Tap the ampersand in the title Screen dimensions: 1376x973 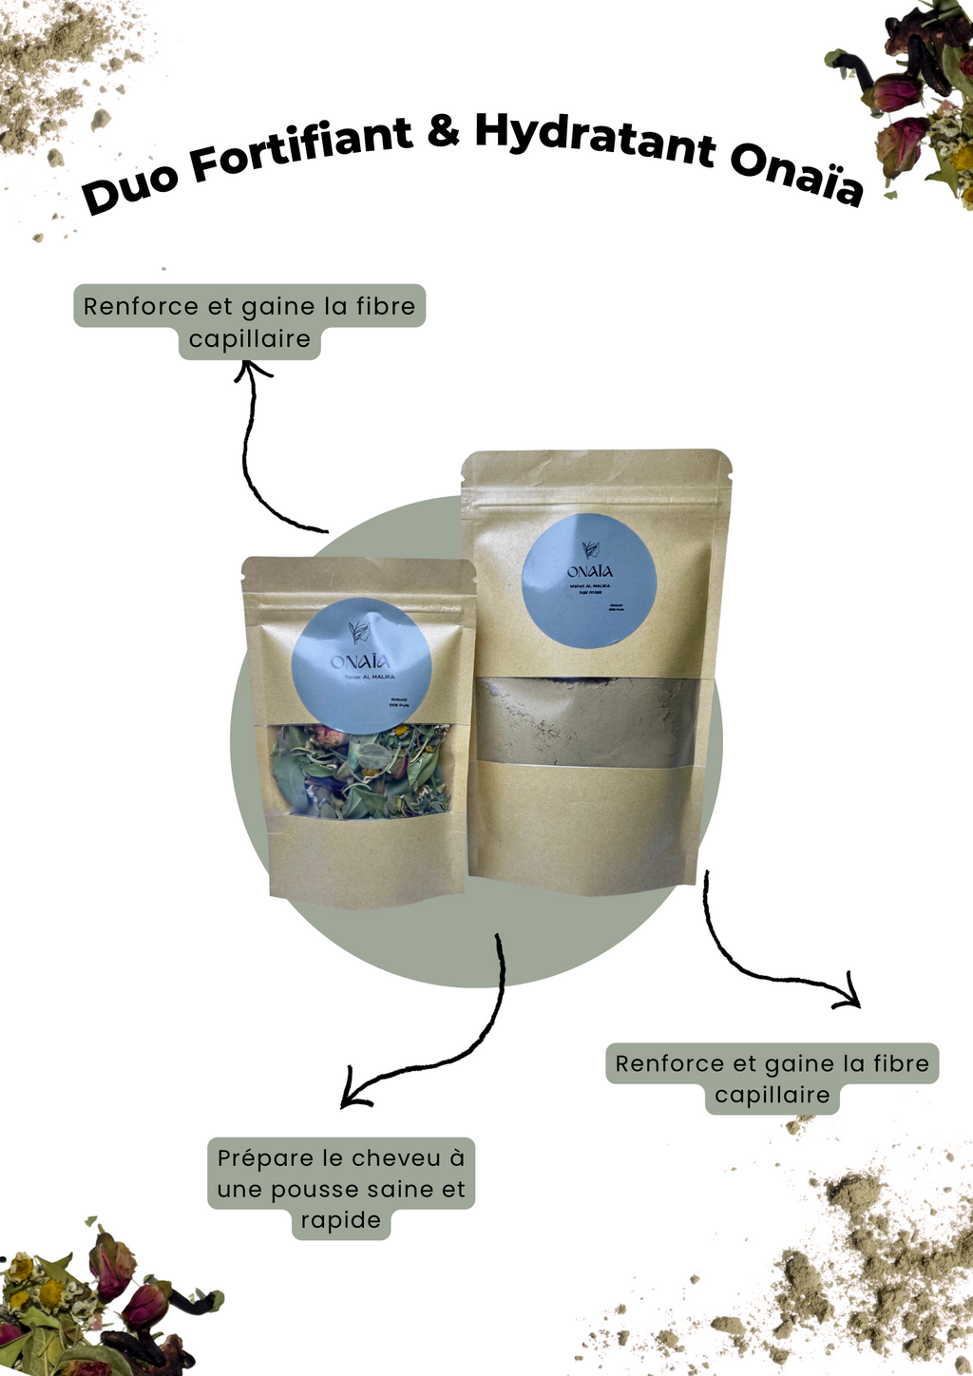tap(443, 132)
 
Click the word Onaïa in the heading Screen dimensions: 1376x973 tap(796, 178)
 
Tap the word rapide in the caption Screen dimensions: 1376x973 tap(340, 1221)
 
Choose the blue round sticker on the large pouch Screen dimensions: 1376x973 tap(589, 583)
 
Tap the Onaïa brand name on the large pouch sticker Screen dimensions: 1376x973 tap(589, 572)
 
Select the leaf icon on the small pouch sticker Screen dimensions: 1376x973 tap(359, 630)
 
